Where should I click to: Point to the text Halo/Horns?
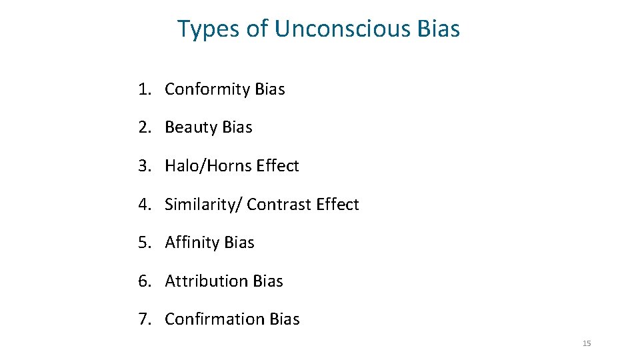207,166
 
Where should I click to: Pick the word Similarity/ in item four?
203,205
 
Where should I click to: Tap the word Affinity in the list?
192,243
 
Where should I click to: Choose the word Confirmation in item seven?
215,319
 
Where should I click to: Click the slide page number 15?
587,343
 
